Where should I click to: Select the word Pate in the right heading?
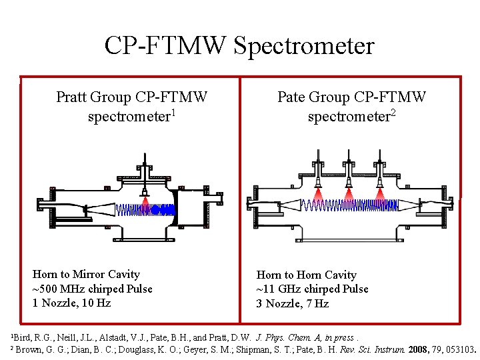(291, 98)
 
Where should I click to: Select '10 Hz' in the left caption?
(97, 303)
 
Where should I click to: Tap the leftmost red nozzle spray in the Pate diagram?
(318, 194)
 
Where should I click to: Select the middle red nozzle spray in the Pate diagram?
(349, 194)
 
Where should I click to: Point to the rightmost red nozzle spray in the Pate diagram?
(380, 194)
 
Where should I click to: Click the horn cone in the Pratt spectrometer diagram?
(101, 208)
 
